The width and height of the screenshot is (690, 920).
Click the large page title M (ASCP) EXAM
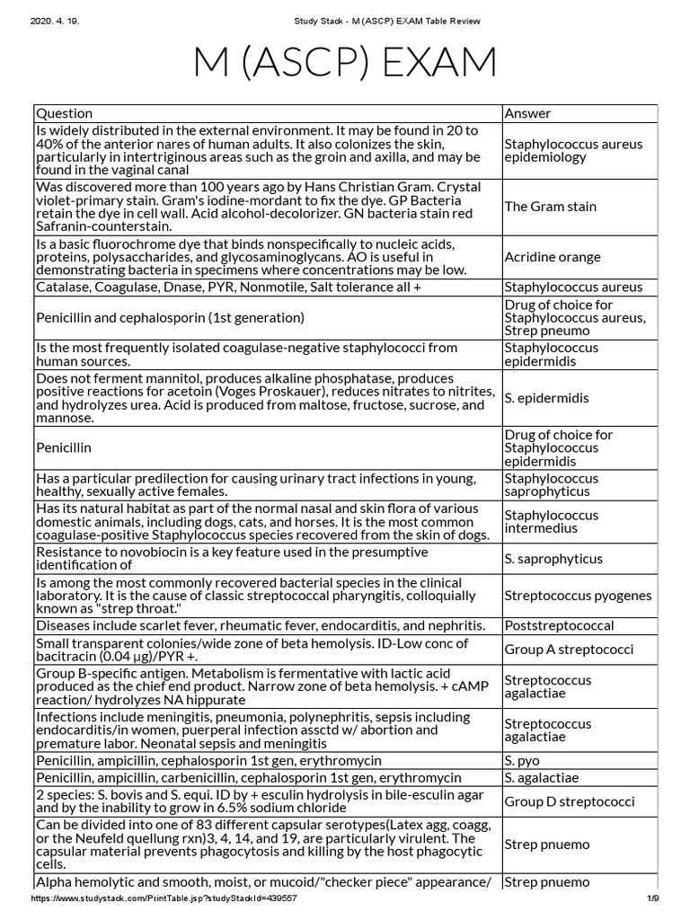(345, 62)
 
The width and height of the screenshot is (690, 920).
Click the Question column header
(64, 113)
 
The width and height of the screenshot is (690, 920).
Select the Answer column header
(528, 113)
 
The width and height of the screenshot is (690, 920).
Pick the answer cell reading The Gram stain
(550, 207)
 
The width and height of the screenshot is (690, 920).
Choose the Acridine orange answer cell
(553, 257)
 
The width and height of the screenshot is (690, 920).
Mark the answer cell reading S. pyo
(522, 759)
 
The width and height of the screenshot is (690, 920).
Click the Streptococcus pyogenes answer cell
(578, 596)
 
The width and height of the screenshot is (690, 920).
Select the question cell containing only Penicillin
(64, 447)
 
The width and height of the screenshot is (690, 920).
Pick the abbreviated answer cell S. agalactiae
(542, 777)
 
